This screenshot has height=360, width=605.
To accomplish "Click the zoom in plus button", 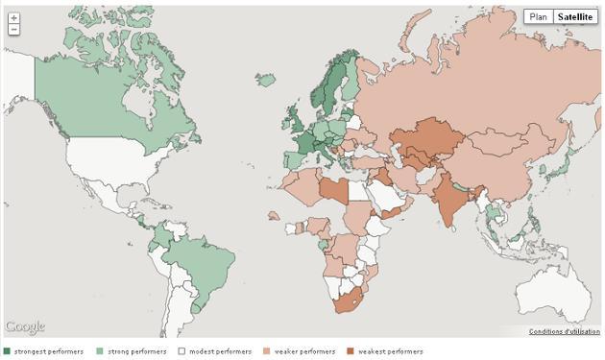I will coord(13,18).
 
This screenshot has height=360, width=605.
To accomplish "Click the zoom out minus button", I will coord(13,30).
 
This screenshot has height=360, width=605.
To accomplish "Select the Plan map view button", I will coord(539,16).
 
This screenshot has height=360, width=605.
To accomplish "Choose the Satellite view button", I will coord(575,16).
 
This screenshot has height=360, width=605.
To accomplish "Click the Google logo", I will coord(24,327).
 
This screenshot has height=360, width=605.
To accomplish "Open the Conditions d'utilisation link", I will coord(564,332).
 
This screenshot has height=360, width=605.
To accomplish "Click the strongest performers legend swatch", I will coord(8,351).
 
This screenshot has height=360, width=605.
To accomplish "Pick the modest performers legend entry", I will coord(219,351).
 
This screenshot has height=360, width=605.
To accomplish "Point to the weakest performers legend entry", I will coord(390,351).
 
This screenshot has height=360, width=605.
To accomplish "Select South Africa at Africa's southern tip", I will coord(349,300).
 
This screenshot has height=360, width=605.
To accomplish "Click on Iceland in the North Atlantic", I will coord(266,80).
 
